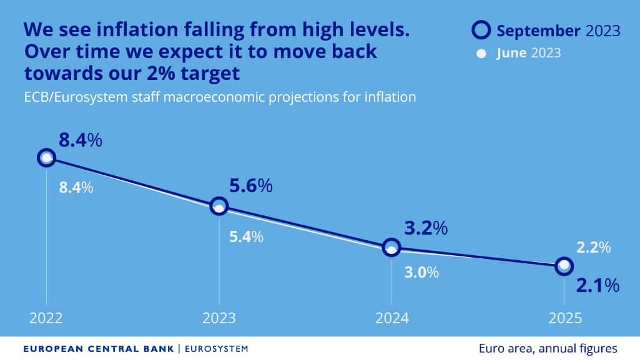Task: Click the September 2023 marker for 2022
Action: [x=46, y=157]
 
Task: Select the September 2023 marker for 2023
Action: [x=219, y=205]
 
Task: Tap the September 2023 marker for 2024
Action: [x=391, y=246]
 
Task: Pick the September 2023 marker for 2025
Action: [x=564, y=266]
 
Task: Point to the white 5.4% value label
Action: [x=246, y=237]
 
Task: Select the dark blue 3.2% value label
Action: [x=426, y=228]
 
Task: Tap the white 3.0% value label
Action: [x=421, y=273]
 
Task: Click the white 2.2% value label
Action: [x=593, y=248]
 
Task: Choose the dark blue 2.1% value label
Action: [x=597, y=286]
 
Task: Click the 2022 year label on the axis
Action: [x=46, y=318]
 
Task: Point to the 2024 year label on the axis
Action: [x=391, y=318]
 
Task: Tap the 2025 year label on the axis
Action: [x=564, y=318]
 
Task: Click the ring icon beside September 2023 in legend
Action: [x=481, y=31]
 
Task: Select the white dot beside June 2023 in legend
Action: [x=481, y=54]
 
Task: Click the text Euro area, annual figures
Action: [x=548, y=348]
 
